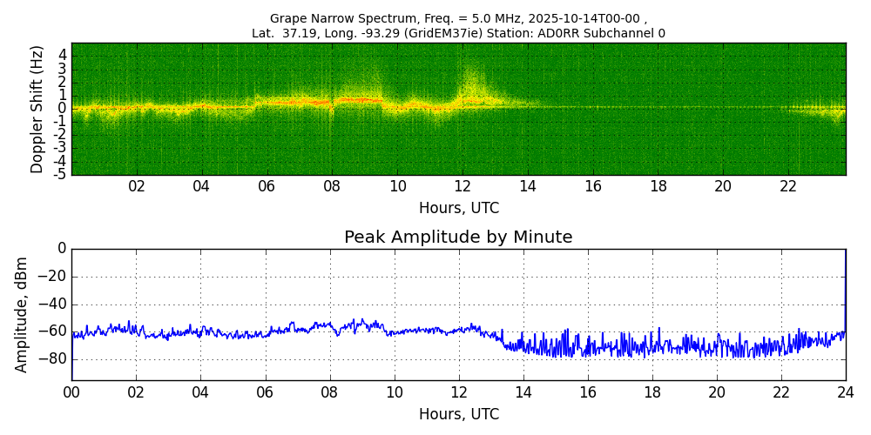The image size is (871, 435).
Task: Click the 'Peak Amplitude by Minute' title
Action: [x=458, y=238]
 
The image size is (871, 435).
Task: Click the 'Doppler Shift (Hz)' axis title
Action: [x=37, y=110]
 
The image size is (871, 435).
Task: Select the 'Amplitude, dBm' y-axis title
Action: [x=22, y=314]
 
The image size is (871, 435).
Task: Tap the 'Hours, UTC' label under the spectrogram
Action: [x=458, y=209]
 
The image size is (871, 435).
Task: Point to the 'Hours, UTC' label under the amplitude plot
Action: [x=458, y=414]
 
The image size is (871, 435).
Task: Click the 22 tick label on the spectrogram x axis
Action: [x=788, y=186]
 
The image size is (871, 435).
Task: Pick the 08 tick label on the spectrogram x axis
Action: [x=332, y=186]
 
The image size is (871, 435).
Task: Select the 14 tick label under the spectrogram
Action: [x=528, y=186]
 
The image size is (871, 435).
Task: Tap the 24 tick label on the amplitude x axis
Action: [x=845, y=392]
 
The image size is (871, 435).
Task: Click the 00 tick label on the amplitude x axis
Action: [x=71, y=392]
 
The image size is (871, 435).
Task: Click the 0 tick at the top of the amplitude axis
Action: [x=62, y=249]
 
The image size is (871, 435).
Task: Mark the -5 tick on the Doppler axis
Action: [x=60, y=175]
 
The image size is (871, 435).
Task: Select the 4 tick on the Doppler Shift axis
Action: [x=63, y=54]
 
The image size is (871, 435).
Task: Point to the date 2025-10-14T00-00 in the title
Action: [x=586, y=18]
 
